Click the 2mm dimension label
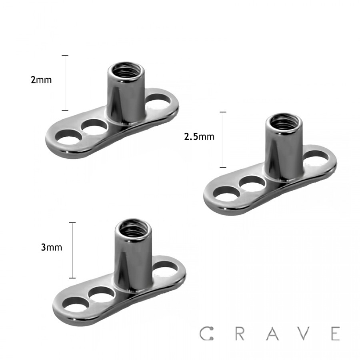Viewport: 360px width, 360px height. (41, 80)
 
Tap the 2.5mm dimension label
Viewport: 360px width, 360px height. (199, 137)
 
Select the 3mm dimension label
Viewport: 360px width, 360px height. (52, 247)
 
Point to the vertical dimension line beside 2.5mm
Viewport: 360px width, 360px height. (223, 139)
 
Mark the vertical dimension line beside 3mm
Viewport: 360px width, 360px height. (72, 250)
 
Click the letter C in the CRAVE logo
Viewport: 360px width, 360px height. (205, 333)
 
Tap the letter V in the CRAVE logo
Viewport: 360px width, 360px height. (304, 333)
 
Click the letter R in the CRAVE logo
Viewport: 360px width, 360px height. (239, 333)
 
